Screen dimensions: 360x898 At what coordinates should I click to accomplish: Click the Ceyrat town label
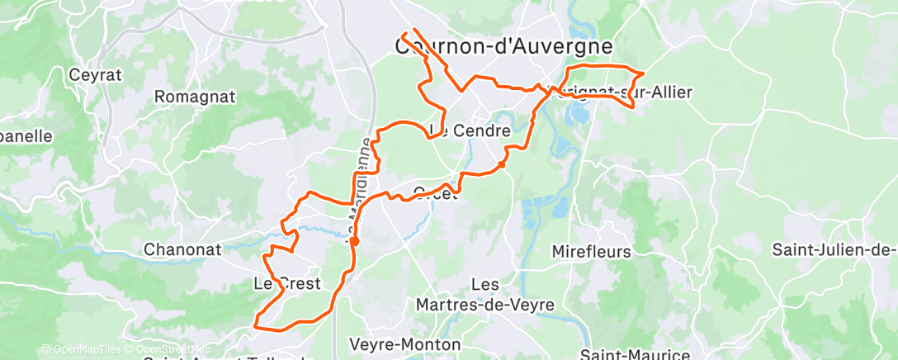coord(96,75)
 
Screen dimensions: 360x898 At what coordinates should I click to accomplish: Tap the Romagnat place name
coord(195,97)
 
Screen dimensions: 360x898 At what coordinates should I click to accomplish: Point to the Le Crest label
coord(286,284)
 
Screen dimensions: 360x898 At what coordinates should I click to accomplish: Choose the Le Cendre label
coord(470,130)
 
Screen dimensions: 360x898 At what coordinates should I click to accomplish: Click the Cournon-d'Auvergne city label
coord(503,47)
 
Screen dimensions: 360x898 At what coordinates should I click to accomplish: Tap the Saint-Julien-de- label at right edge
coord(834,249)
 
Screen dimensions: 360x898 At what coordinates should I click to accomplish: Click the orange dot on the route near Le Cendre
coord(501,165)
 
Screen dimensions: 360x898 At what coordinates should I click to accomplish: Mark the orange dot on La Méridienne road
coord(354,242)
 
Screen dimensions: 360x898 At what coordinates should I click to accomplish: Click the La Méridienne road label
coord(357,186)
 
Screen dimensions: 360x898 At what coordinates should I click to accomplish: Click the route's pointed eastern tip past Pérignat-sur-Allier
coord(643,74)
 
